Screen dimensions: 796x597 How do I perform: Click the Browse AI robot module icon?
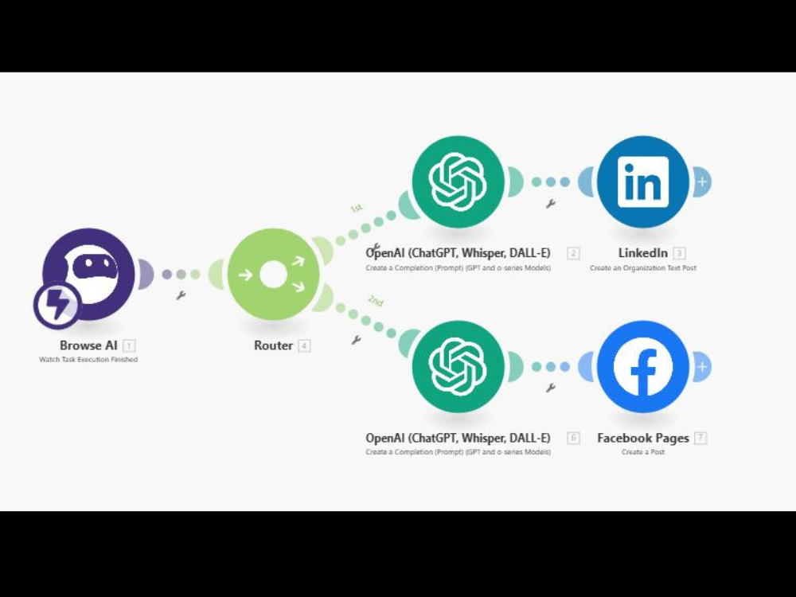89,274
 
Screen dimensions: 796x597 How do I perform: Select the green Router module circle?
274,274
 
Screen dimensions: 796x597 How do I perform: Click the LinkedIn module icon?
643,181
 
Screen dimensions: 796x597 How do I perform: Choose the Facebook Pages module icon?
643,366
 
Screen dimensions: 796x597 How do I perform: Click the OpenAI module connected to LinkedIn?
458,181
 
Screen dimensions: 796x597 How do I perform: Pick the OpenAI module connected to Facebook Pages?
458,366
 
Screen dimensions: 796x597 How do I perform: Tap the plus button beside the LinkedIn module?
702,181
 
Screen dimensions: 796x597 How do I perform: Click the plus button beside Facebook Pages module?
702,366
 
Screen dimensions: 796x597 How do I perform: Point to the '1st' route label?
357,208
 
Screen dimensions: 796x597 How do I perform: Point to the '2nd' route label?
376,301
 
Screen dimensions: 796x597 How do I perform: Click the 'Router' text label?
273,345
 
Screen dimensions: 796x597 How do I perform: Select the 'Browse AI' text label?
88,345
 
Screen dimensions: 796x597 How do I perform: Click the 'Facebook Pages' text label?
642,438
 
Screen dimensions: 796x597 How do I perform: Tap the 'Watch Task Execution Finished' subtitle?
88,360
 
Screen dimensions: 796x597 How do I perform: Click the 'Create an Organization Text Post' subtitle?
642,267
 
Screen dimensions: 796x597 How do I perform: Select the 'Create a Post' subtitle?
642,452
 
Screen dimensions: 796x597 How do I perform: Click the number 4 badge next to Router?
304,346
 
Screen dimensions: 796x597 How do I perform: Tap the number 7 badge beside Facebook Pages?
700,438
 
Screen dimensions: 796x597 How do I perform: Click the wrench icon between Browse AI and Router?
180,295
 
